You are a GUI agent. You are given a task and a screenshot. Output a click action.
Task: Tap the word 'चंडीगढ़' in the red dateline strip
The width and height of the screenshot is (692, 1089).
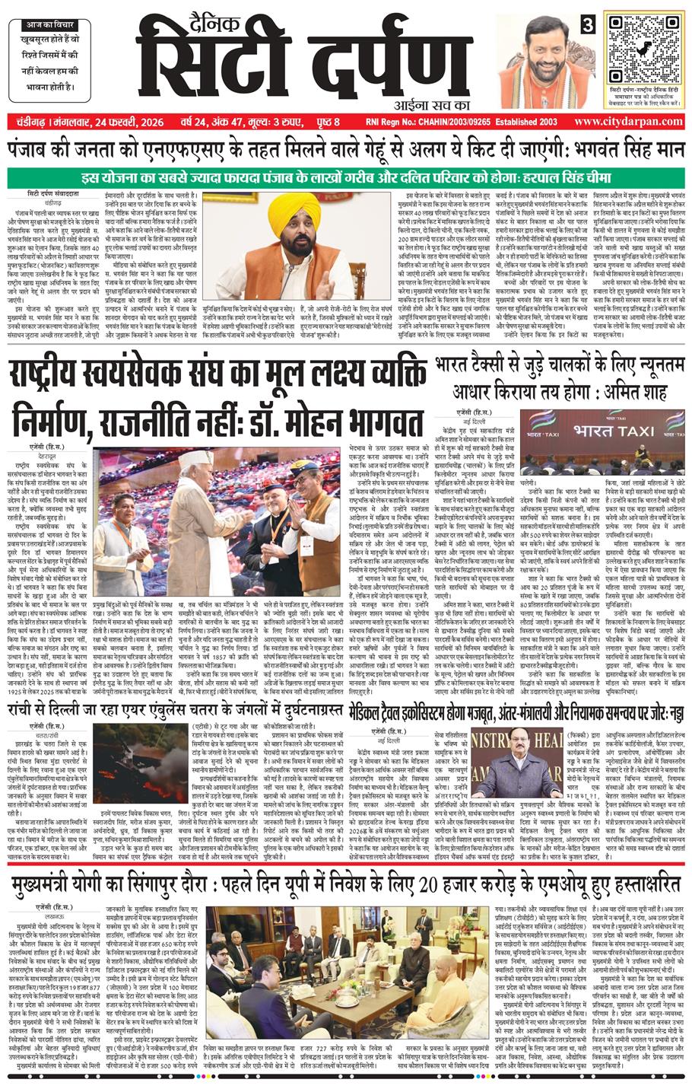point(27,123)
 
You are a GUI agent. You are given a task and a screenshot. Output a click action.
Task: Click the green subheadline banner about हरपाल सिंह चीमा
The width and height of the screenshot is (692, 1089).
point(346,180)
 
